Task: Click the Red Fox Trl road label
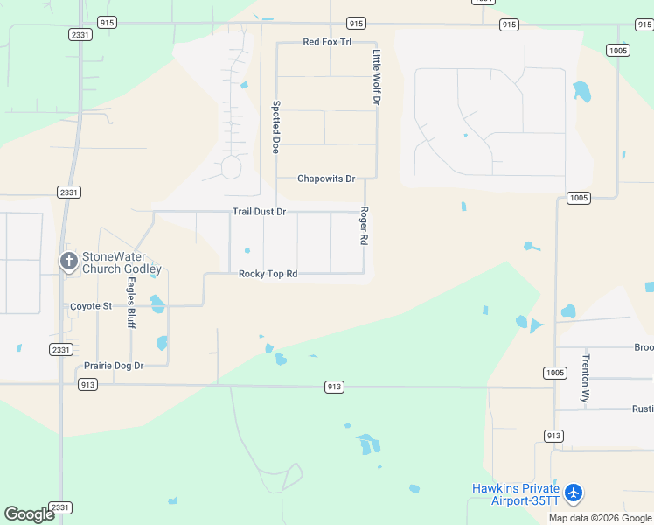[326, 42]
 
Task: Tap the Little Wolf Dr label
[377, 77]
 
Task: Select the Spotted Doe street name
[275, 127]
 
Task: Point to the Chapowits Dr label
[326, 178]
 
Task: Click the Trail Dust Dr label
[259, 212]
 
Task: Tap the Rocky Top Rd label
[268, 274]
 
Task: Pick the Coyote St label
[91, 306]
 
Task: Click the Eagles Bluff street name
[131, 303]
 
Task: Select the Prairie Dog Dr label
[114, 366]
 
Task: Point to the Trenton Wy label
[586, 378]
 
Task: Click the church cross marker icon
[69, 261]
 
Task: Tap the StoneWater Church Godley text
[122, 263]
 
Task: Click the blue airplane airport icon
[574, 493]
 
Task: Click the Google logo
[30, 514]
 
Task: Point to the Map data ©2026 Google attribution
[600, 518]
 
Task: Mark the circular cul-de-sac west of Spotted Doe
[231, 166]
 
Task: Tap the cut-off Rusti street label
[643, 409]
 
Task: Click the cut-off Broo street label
[644, 347]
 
